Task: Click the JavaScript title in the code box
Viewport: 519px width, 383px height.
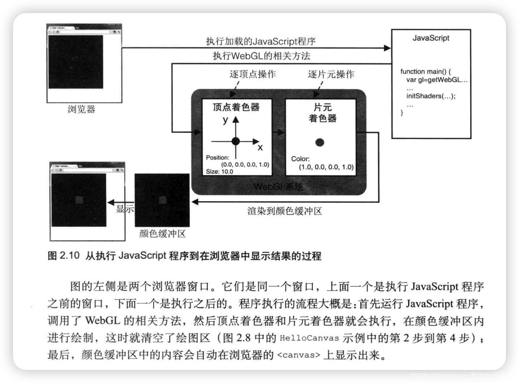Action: pyautogui.click(x=431, y=38)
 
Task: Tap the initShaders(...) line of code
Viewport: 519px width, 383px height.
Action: pyautogui.click(x=431, y=96)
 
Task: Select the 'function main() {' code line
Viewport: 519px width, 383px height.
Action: pyautogui.click(x=425, y=71)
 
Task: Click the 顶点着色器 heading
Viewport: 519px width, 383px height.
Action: pyautogui.click(x=236, y=107)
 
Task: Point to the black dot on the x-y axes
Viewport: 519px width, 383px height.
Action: pyautogui.click(x=236, y=141)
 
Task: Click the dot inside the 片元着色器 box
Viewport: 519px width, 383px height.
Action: pyautogui.click(x=319, y=142)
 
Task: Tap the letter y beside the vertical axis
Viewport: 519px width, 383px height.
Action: pyautogui.click(x=225, y=120)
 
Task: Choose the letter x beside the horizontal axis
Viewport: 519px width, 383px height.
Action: pyautogui.click(x=260, y=148)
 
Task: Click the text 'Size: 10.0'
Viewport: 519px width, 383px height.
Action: pyautogui.click(x=219, y=172)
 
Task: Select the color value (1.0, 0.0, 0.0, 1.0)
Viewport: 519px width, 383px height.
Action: pyautogui.click(x=326, y=167)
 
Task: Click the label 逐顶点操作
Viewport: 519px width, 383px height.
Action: pyautogui.click(x=253, y=74)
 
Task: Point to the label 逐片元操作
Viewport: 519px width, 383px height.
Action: pyautogui.click(x=331, y=74)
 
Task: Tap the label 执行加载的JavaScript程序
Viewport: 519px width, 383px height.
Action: pyautogui.click(x=261, y=41)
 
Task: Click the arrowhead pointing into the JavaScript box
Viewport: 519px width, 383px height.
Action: pyautogui.click(x=387, y=48)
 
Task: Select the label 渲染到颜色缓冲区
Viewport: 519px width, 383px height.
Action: pyautogui.click(x=285, y=211)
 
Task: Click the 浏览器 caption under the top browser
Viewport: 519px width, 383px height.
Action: pyautogui.click(x=81, y=109)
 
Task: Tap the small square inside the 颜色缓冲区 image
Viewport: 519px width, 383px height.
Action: pyautogui.click(x=162, y=200)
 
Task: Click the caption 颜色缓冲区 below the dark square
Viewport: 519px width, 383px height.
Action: pyautogui.click(x=162, y=234)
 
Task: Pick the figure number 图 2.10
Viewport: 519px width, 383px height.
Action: pyautogui.click(x=63, y=256)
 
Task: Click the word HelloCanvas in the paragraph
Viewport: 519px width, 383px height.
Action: pyautogui.click(x=309, y=338)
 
